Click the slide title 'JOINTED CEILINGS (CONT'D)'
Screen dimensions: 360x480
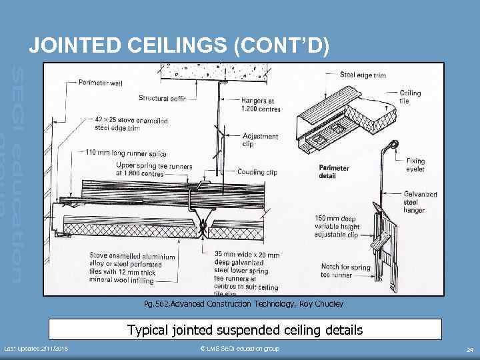point(179,45)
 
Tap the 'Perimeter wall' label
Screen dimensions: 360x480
point(101,83)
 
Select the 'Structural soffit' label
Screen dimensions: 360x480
point(163,98)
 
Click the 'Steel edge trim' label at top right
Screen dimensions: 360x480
point(363,75)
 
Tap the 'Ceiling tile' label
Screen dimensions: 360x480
point(410,97)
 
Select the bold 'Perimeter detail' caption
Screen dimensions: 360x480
point(334,172)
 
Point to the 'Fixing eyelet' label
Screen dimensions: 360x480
point(415,165)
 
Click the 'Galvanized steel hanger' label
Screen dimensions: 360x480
point(420,202)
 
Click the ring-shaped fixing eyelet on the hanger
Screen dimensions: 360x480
point(393,145)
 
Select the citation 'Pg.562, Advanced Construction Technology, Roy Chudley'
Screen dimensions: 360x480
point(243,304)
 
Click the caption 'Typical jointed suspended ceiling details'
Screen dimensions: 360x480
point(245,330)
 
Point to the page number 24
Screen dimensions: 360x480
point(469,349)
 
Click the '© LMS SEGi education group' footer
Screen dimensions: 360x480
point(240,349)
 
